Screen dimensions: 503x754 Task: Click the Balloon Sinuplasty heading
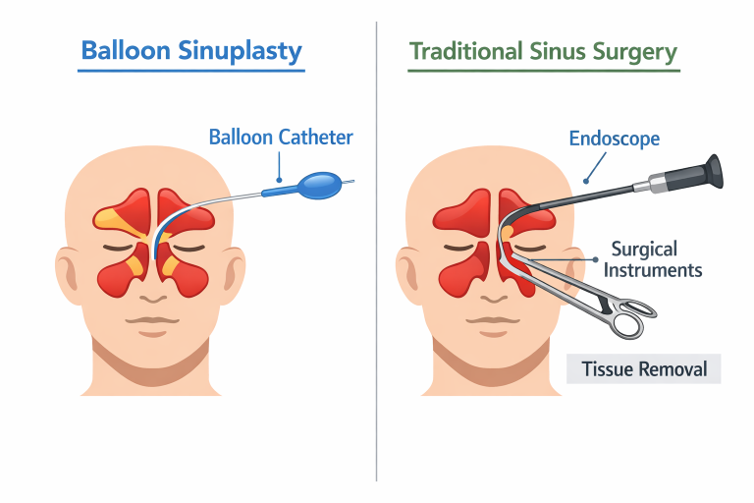pos(191,50)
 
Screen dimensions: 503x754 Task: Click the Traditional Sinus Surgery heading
pos(543,50)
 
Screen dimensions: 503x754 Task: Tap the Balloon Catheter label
pos(281,137)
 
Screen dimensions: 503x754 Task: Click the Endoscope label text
pos(614,139)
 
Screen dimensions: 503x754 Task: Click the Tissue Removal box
pos(644,369)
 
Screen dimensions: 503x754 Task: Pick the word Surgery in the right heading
pos(634,50)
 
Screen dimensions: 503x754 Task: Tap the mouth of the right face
pos(490,321)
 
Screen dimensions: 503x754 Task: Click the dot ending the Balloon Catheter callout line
pos(280,180)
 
